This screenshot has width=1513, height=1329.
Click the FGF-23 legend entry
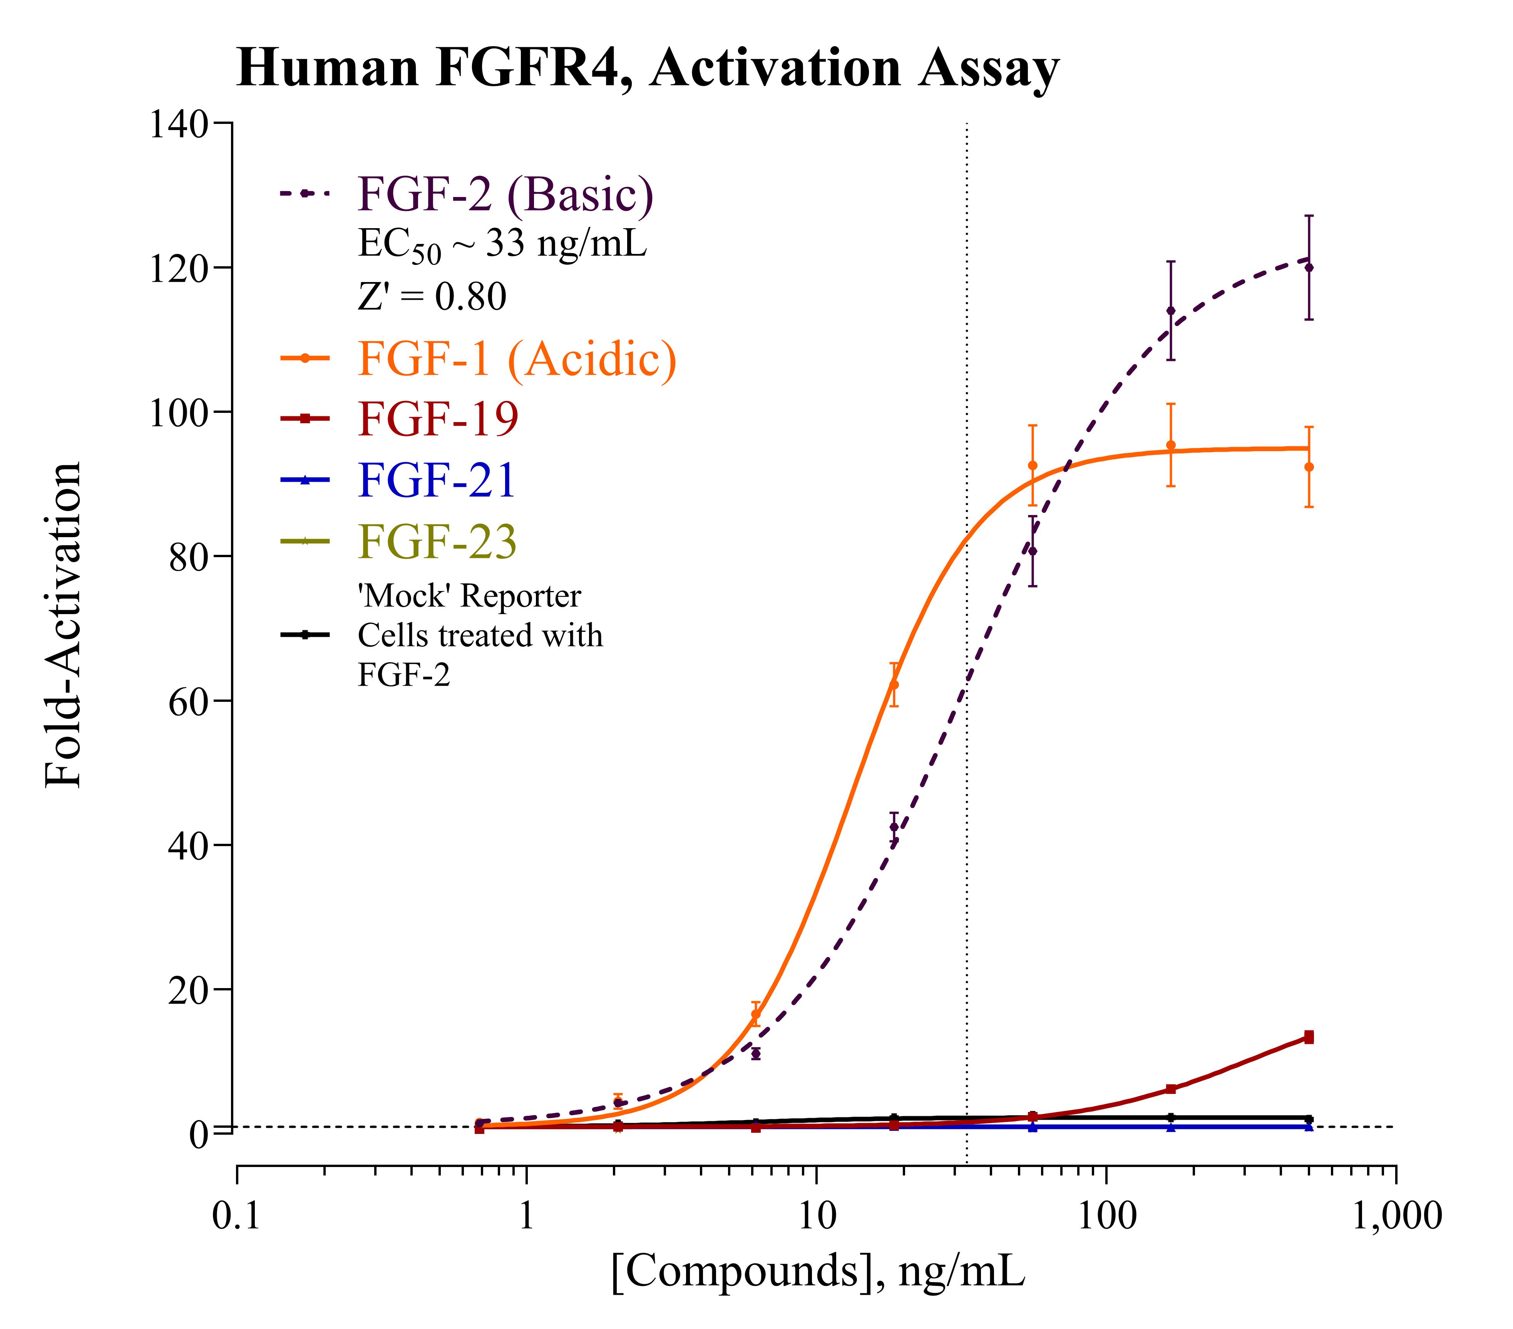437,542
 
